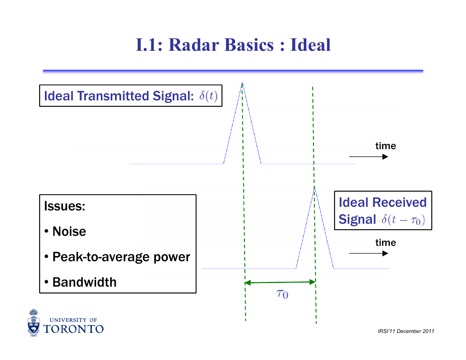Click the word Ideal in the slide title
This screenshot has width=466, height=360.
[310, 45]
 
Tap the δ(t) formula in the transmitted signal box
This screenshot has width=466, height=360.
[208, 96]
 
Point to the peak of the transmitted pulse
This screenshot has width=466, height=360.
[242, 83]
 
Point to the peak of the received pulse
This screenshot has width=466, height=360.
[314, 187]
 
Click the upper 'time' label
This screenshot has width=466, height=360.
[385, 146]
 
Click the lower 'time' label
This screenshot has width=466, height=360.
[385, 243]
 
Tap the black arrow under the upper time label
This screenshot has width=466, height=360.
[368, 156]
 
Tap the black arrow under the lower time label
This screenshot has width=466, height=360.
[368, 253]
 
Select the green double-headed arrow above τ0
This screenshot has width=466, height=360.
[280, 282]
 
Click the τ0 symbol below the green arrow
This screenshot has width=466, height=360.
[282, 294]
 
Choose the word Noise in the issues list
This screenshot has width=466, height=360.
[69, 231]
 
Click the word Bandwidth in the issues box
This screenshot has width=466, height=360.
[84, 282]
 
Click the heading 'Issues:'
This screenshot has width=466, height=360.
[65, 206]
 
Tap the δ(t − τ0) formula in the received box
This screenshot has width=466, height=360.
[403, 220]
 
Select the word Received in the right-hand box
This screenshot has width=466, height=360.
[399, 202]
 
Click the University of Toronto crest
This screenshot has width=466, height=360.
[33, 323]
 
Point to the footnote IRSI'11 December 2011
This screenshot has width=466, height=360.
[406, 331]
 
